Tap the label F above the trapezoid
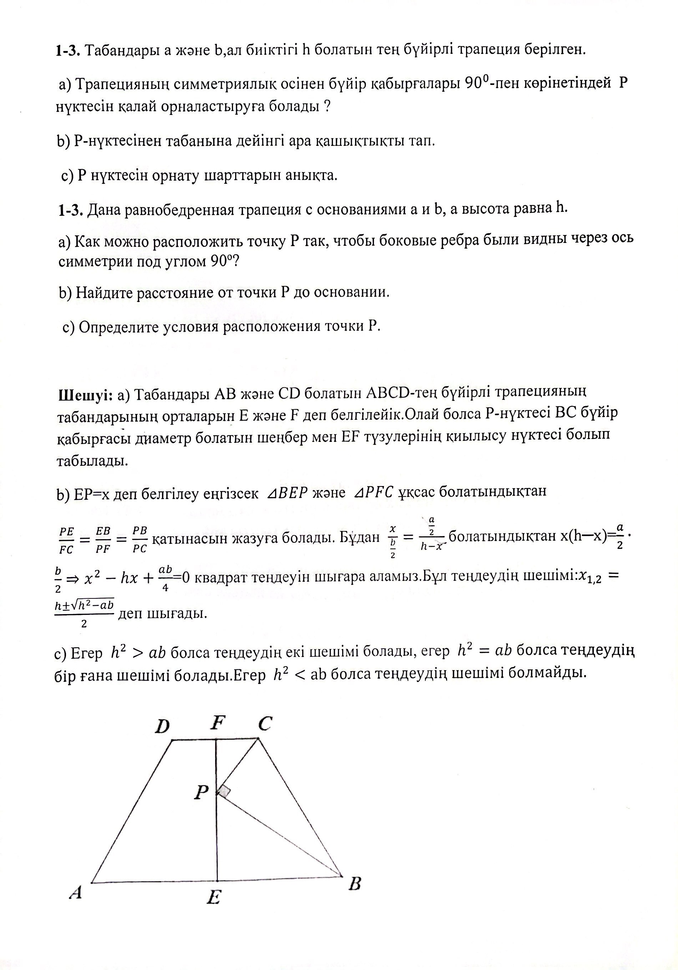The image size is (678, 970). pos(217,723)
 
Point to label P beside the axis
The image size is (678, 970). pos(202,792)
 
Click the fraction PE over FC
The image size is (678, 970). pos(66,540)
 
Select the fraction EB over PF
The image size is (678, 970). pos(103,540)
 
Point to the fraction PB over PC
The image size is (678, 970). pos(140,540)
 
